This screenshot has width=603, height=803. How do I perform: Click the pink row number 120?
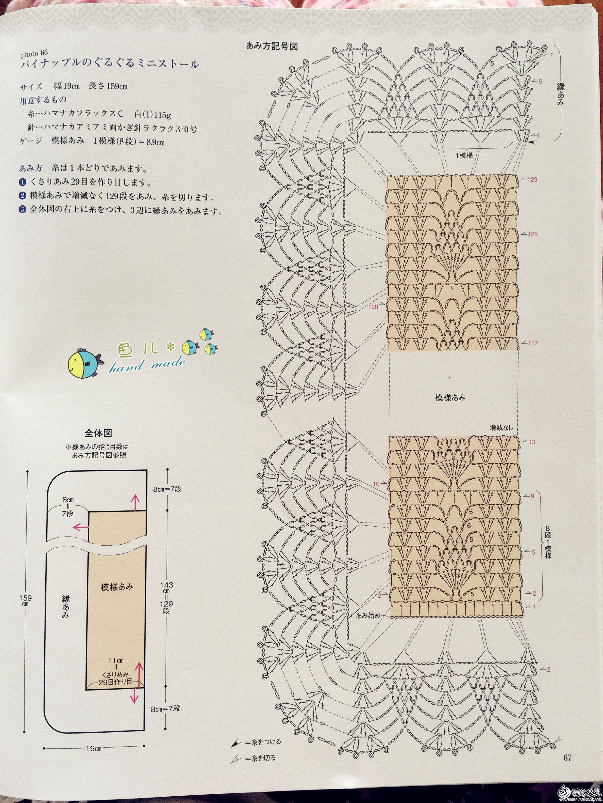click(373, 307)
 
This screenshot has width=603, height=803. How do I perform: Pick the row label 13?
click(532, 442)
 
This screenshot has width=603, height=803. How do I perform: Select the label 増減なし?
click(502, 428)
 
